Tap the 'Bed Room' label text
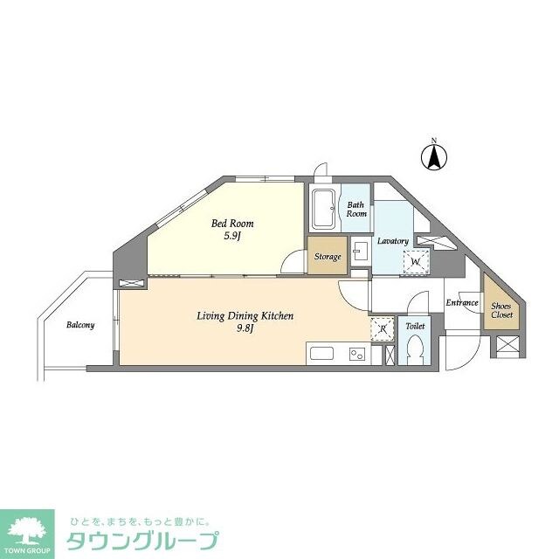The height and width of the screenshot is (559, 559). pyautogui.click(x=232, y=223)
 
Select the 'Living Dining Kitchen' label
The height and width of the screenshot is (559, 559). pyautogui.click(x=245, y=315)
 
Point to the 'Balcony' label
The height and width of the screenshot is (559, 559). pyautogui.click(x=80, y=325)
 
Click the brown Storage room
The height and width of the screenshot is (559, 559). pyautogui.click(x=328, y=257)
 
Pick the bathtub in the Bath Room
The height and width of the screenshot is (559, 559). pyautogui.click(x=324, y=210)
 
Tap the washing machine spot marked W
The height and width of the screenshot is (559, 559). pyautogui.click(x=415, y=260)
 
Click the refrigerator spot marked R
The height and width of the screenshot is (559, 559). pyautogui.click(x=382, y=329)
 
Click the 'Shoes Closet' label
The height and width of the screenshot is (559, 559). pyautogui.click(x=501, y=311)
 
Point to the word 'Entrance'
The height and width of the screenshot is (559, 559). pyautogui.click(x=462, y=303)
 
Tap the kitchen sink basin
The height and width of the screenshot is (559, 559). pyautogui.click(x=321, y=355)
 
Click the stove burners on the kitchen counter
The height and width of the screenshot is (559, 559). pyautogui.click(x=357, y=355)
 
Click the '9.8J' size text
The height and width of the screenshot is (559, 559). pyautogui.click(x=245, y=329)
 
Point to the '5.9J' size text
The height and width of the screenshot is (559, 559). pyautogui.click(x=232, y=236)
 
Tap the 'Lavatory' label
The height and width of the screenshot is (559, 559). pyautogui.click(x=393, y=240)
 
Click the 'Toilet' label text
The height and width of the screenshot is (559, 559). pyautogui.click(x=415, y=326)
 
